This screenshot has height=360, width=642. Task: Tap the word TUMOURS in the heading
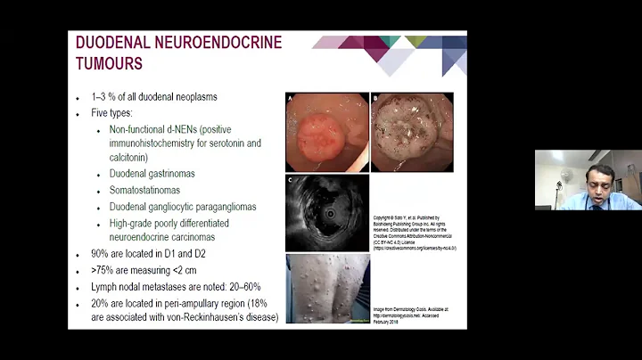click(109, 63)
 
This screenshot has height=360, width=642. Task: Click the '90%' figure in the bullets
click(103, 255)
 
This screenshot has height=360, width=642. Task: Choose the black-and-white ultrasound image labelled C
click(326, 213)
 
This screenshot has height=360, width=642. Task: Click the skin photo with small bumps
click(325, 288)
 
